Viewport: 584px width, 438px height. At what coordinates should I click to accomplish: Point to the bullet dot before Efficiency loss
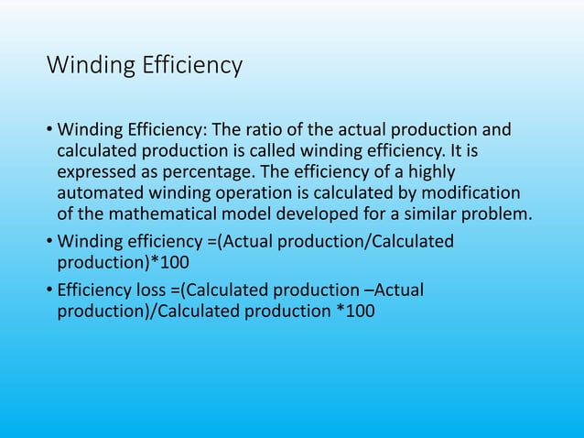49,290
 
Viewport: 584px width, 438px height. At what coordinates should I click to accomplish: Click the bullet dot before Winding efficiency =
49,241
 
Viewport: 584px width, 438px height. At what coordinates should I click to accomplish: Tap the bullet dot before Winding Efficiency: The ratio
49,129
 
